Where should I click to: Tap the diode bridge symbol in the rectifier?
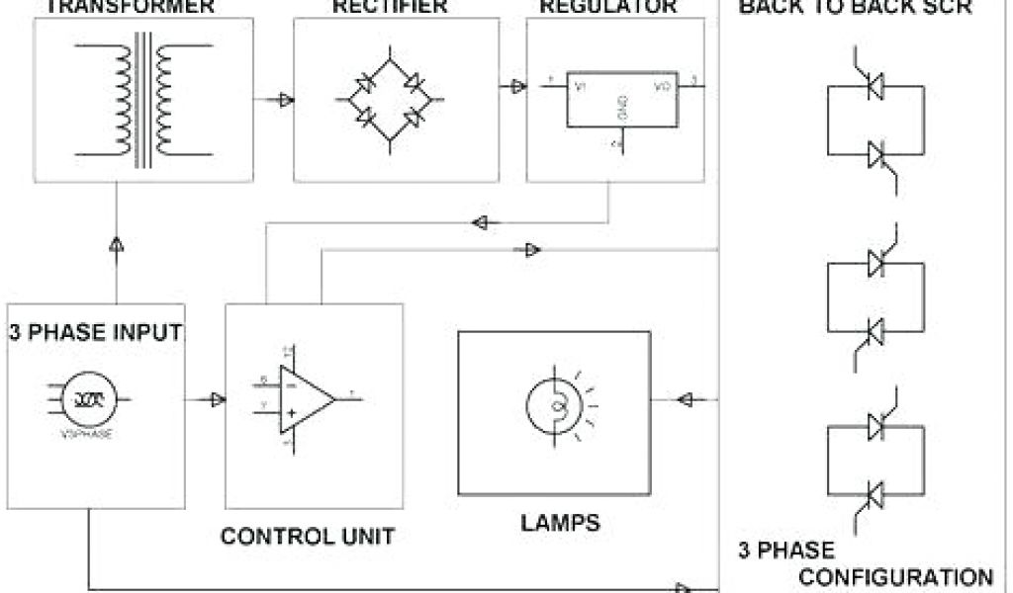click(391, 99)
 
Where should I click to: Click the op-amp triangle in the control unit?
click(306, 398)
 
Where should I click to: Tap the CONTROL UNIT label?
click(307, 537)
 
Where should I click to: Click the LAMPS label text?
click(560, 522)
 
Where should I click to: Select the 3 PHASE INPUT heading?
click(95, 332)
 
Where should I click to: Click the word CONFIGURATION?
click(896, 576)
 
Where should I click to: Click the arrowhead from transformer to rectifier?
click(285, 99)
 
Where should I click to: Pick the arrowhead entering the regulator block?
click(517, 87)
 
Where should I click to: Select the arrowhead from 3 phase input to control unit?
click(217, 399)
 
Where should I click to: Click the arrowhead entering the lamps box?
click(684, 399)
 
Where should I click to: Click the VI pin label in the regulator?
click(581, 87)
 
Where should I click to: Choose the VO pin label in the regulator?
click(662, 87)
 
